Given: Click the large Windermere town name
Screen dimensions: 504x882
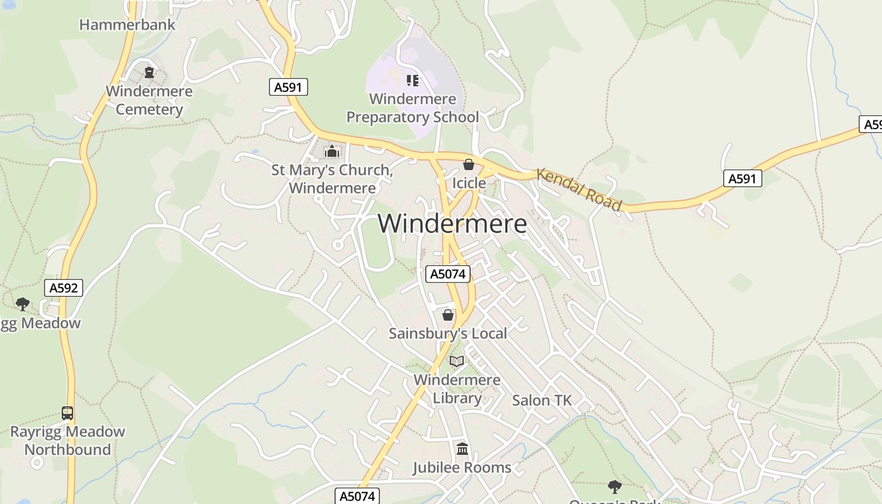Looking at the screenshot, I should (x=452, y=224).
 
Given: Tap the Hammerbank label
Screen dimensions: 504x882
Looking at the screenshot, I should (x=127, y=25).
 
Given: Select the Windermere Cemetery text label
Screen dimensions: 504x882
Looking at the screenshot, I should (x=149, y=100).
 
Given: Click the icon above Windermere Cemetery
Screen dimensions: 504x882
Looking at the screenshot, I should (x=149, y=72).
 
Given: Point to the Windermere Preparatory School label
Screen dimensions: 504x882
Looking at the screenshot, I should (x=413, y=108).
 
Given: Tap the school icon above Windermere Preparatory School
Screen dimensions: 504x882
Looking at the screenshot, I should (x=413, y=80).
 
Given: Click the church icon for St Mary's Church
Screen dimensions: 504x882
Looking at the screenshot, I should (x=331, y=151).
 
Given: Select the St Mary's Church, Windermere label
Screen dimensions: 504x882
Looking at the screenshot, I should (x=332, y=179).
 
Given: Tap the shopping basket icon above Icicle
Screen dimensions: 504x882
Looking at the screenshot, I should (x=468, y=165).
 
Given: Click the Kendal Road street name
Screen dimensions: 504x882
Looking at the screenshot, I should (x=580, y=189).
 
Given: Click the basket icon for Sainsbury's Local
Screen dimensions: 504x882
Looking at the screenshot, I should (x=448, y=314).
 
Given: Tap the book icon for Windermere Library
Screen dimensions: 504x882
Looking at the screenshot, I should (x=457, y=362).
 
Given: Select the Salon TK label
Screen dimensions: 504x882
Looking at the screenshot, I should (x=542, y=400).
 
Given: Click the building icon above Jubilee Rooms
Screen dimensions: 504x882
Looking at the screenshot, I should (x=462, y=449).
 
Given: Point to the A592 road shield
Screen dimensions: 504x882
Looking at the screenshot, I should (x=64, y=288).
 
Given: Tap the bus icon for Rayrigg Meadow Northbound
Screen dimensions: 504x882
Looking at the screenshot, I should (x=67, y=413).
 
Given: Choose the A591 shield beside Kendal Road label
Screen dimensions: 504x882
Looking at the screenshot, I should (x=742, y=179).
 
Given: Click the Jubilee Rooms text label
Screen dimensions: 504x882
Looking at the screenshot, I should (x=462, y=467).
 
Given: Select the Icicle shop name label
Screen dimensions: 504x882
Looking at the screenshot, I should (x=469, y=183).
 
